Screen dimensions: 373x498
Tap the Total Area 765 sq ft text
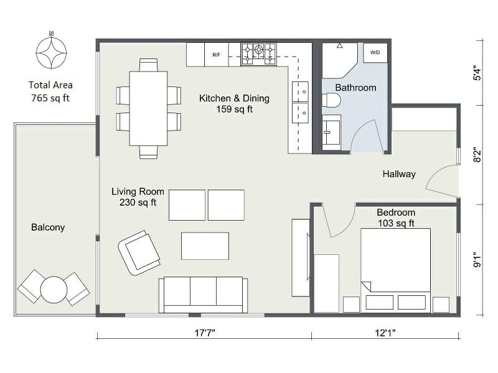pos(50,91)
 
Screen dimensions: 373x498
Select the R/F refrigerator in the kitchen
pos(216,55)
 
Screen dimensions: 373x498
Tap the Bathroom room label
pos(355,88)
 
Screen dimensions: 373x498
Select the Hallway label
pos(398,174)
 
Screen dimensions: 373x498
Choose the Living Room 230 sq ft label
pos(134,196)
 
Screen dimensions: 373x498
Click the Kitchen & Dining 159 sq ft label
pos(234,104)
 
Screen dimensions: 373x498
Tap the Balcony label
pos(48,228)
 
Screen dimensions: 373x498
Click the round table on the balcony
pos(54,289)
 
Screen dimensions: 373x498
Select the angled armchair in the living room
pos(139,252)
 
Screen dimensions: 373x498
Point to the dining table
pos(148,108)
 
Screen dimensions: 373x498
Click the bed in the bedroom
pos(395,264)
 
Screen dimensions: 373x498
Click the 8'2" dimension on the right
pos(477,154)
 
